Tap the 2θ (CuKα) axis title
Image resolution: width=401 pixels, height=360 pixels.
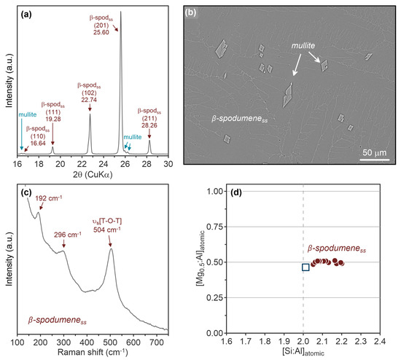click(93, 176)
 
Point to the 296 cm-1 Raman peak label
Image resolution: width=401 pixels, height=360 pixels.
click(64, 235)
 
